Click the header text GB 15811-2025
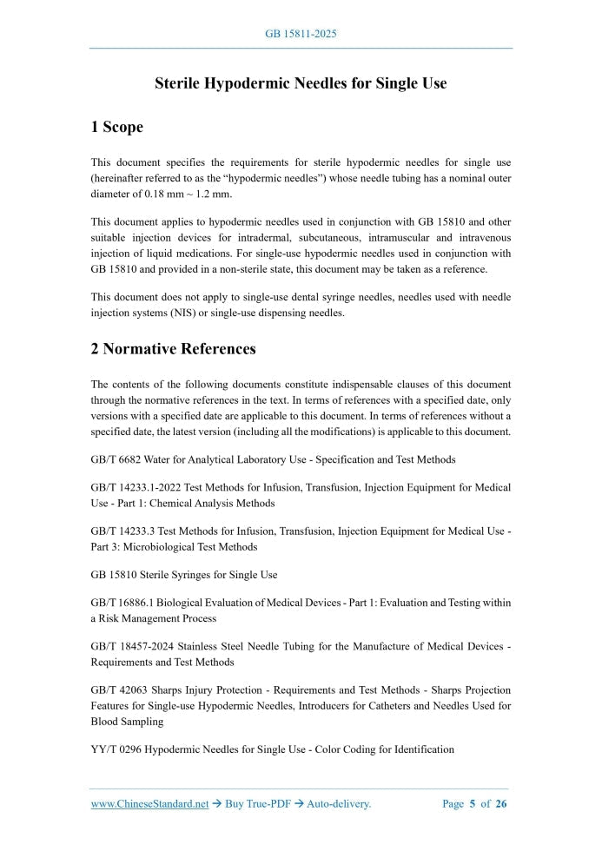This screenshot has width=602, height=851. (x=301, y=34)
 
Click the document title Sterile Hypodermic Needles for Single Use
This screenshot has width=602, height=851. (x=301, y=83)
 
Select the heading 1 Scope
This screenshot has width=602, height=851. (x=116, y=128)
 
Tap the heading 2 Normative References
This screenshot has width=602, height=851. (x=173, y=349)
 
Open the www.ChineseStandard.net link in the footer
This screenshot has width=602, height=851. (x=149, y=804)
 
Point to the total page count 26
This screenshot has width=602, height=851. (x=501, y=804)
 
